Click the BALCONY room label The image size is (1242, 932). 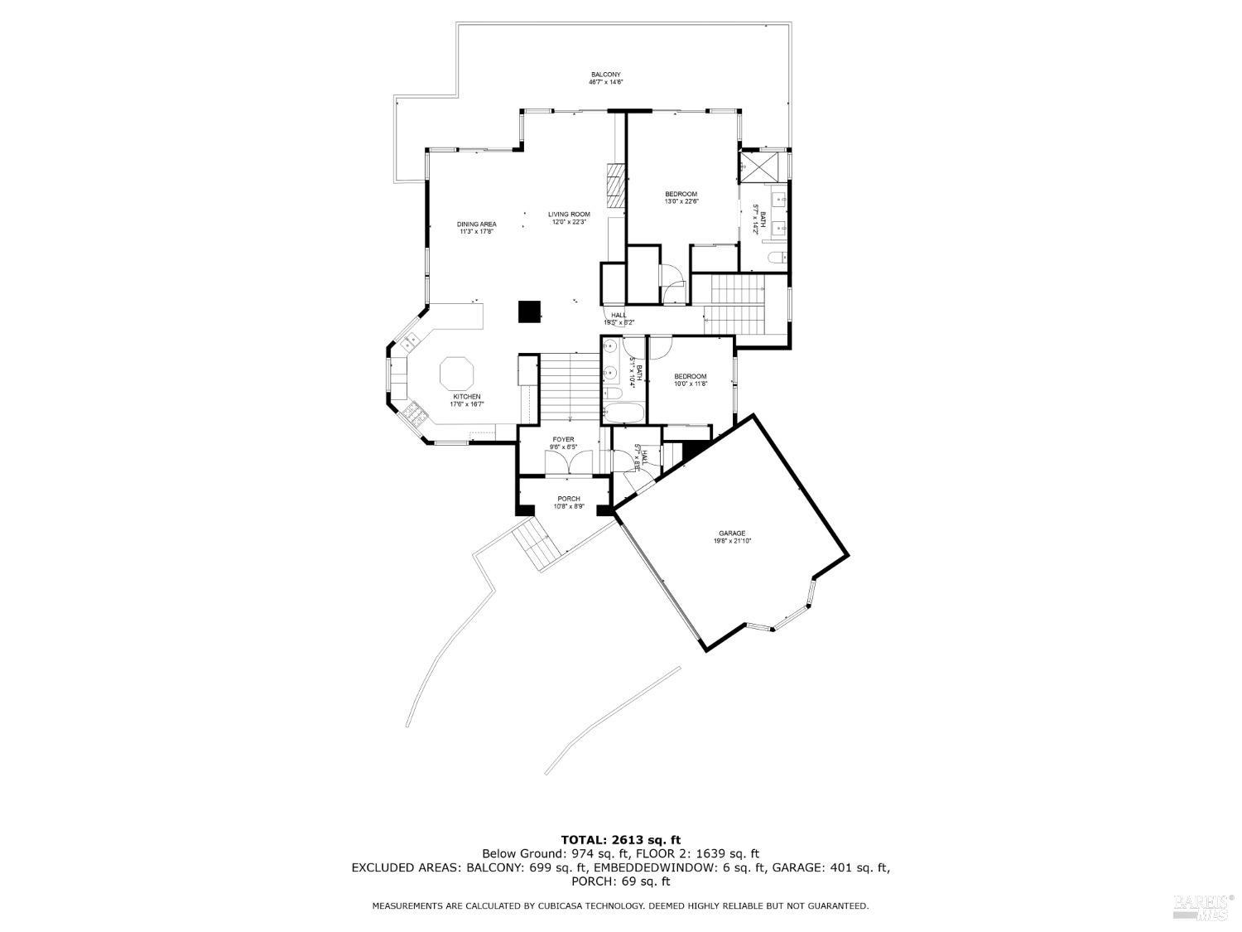(x=605, y=75)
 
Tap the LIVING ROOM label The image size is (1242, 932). (x=569, y=215)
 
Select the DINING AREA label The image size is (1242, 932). (x=477, y=225)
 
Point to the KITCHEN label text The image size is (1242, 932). (x=466, y=397)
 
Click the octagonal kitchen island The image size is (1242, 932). (x=456, y=373)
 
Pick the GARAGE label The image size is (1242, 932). (x=732, y=533)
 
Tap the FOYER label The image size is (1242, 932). (x=563, y=440)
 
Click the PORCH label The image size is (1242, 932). (x=569, y=499)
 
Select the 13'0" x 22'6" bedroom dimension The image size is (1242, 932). (x=681, y=201)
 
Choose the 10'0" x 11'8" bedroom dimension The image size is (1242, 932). (x=690, y=384)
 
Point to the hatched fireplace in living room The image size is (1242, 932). (x=615, y=186)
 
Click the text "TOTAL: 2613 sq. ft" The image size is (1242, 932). (x=620, y=840)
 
